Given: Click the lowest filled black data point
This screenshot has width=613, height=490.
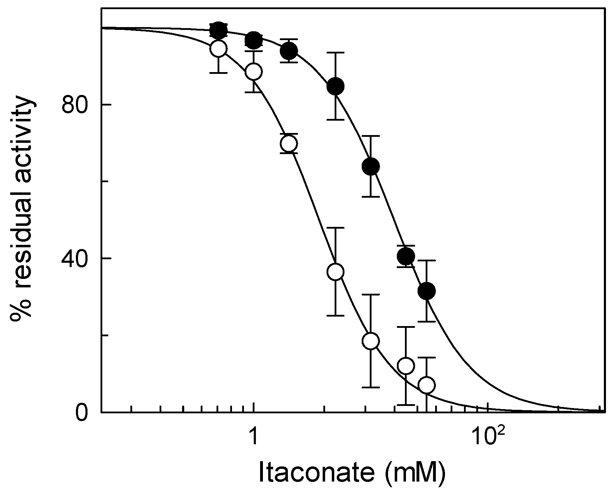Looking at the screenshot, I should [427, 291].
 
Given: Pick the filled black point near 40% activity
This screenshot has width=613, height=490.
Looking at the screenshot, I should [406, 256].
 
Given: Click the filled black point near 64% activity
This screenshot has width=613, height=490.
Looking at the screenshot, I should [371, 166].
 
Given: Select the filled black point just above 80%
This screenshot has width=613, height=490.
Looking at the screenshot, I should [335, 86].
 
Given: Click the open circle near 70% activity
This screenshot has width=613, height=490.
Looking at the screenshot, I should [289, 144].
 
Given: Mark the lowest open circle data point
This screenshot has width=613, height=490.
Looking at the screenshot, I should [427, 385].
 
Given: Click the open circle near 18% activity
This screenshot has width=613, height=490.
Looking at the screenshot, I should [371, 341].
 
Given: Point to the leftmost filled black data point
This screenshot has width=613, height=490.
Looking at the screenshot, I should [218, 31].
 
